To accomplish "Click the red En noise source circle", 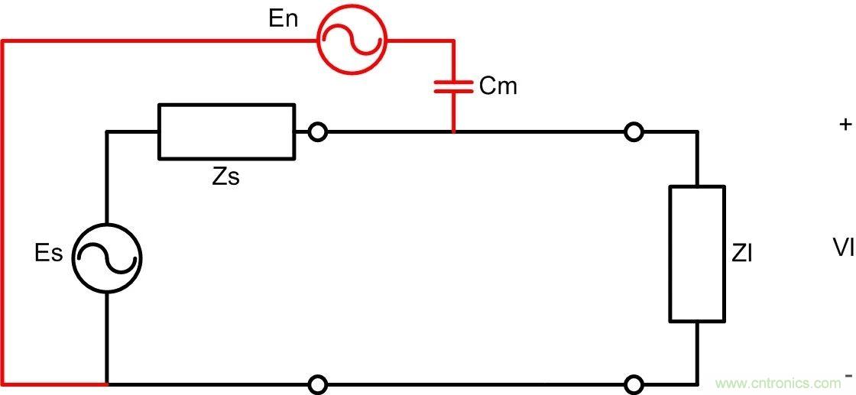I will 352,40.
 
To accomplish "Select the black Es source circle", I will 107,257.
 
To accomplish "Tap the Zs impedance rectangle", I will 226,131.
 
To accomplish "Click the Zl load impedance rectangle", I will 697,253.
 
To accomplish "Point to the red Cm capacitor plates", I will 454,87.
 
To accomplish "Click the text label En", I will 284,18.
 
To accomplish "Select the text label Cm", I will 498,86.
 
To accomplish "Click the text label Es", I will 49,254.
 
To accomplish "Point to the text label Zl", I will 742,254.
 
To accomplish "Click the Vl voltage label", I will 843,247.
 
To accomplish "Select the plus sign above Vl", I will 845,125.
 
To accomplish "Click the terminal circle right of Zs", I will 318,132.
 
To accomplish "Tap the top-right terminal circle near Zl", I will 633,132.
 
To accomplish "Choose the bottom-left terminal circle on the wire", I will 318,384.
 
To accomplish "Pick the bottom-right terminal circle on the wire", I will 633,384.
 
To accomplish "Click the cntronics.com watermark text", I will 777,383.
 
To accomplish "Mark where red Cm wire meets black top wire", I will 454,132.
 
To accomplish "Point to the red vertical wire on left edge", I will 3,214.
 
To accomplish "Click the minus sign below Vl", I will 848,376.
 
